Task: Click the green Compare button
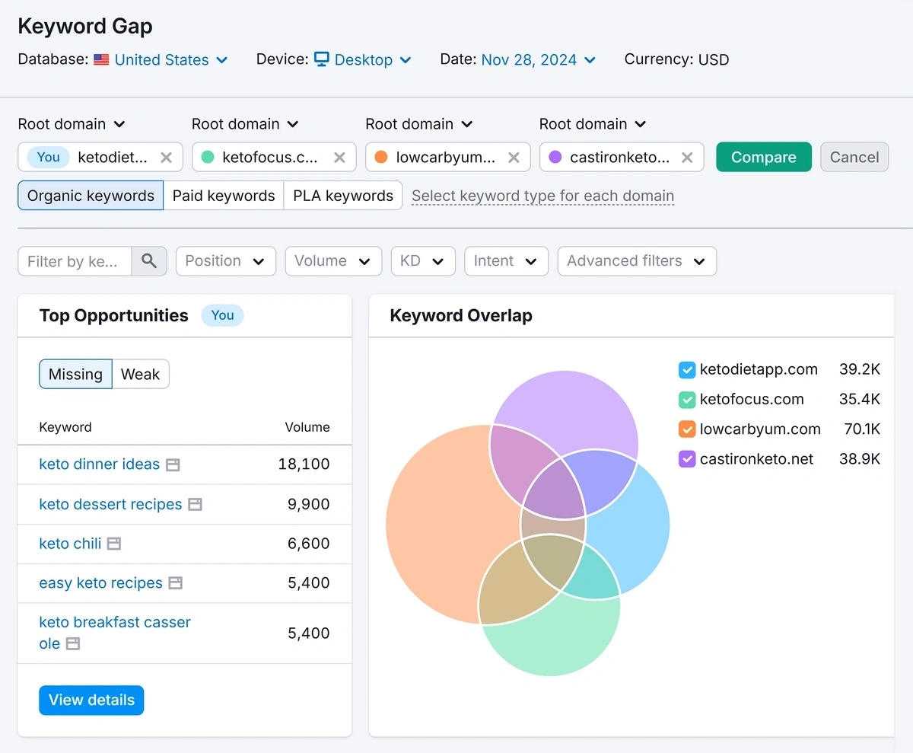(763, 158)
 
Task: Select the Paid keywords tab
(224, 196)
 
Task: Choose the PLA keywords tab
(342, 196)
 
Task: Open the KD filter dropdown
(422, 261)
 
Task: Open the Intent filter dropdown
(505, 261)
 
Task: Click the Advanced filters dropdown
(636, 261)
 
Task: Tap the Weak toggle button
(140, 375)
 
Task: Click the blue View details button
(91, 700)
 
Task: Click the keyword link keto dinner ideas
(99, 464)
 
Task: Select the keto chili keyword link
(70, 544)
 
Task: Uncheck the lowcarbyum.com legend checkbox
(686, 429)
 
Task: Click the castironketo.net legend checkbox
(686, 459)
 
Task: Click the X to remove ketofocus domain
(339, 158)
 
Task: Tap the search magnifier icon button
(149, 261)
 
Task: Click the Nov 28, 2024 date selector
(538, 60)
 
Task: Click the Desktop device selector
(363, 60)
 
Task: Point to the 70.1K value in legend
(861, 429)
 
